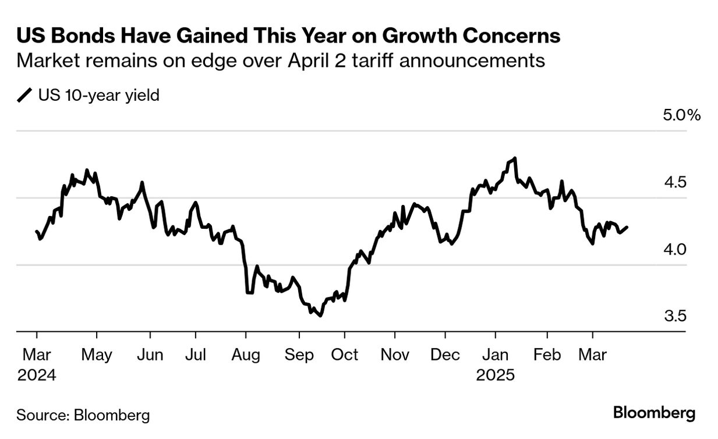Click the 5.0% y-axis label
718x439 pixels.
[681, 115]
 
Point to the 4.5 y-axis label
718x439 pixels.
[675, 182]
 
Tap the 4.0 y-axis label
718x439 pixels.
[675, 249]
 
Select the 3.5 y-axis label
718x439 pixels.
[675, 316]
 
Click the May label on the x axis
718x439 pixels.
[97, 355]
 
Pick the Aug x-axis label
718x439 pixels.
[245, 355]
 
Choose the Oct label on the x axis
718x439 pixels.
[345, 355]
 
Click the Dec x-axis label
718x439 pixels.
[445, 355]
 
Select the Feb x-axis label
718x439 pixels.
[547, 355]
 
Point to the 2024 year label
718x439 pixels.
[37, 375]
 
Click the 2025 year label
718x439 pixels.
[496, 375]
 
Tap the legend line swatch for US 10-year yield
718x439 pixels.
[25, 95]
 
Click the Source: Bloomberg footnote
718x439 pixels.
[83, 415]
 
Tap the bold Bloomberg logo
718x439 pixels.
[654, 413]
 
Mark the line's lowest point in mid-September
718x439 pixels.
[320, 316]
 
